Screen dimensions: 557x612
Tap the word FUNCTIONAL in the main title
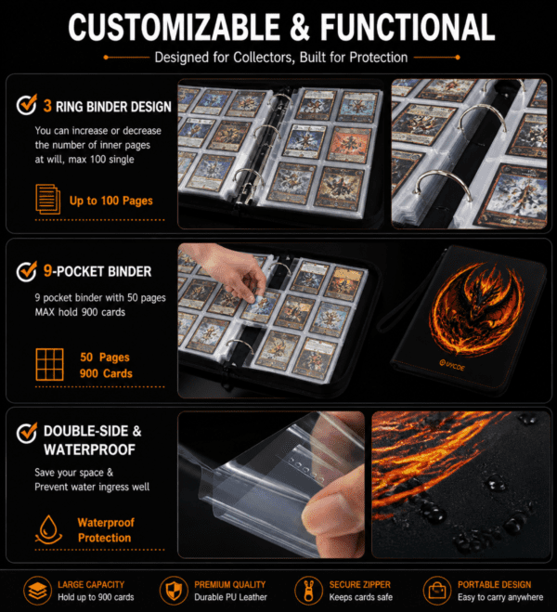(x=408, y=27)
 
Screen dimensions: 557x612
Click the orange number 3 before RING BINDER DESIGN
(x=47, y=106)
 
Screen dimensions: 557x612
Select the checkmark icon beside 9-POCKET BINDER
(x=27, y=271)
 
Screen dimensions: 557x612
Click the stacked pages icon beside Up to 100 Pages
(x=48, y=200)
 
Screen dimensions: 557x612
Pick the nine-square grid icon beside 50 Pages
(x=49, y=365)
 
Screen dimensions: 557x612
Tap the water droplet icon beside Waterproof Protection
(x=49, y=529)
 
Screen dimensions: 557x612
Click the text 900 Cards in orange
(x=106, y=373)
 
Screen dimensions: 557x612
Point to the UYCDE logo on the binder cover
(x=452, y=366)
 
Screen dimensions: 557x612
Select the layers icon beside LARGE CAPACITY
(x=37, y=591)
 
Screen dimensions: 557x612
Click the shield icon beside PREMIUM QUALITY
(x=174, y=591)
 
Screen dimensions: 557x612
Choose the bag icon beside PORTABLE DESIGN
(x=437, y=591)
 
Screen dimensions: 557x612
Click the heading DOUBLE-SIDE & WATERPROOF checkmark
(x=27, y=433)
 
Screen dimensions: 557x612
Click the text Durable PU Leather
(x=230, y=597)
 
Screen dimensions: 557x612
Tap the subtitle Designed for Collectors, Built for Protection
(x=281, y=58)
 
